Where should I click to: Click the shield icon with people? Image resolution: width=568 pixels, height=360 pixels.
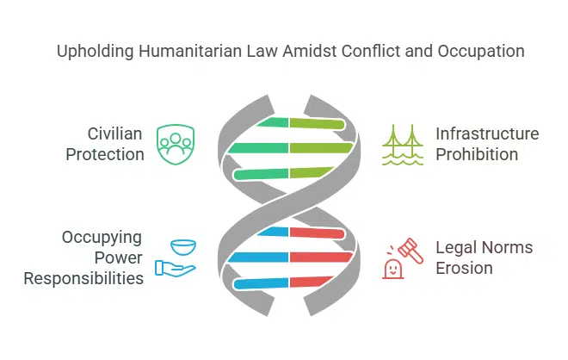click(x=175, y=144)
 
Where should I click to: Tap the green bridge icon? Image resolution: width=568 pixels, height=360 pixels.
click(x=402, y=144)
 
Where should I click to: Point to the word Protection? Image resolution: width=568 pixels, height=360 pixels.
click(x=106, y=155)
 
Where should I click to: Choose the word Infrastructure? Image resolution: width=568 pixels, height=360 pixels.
click(x=487, y=134)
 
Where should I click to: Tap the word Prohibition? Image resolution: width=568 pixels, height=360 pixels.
click(x=476, y=155)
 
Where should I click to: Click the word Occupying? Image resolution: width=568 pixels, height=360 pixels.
click(x=102, y=237)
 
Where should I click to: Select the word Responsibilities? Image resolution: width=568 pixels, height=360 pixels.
click(x=83, y=278)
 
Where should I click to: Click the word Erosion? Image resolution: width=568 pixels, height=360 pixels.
click(x=464, y=269)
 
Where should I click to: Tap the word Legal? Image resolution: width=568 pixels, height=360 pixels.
click(x=454, y=248)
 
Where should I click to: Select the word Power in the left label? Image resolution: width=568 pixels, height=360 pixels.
click(x=120, y=258)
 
